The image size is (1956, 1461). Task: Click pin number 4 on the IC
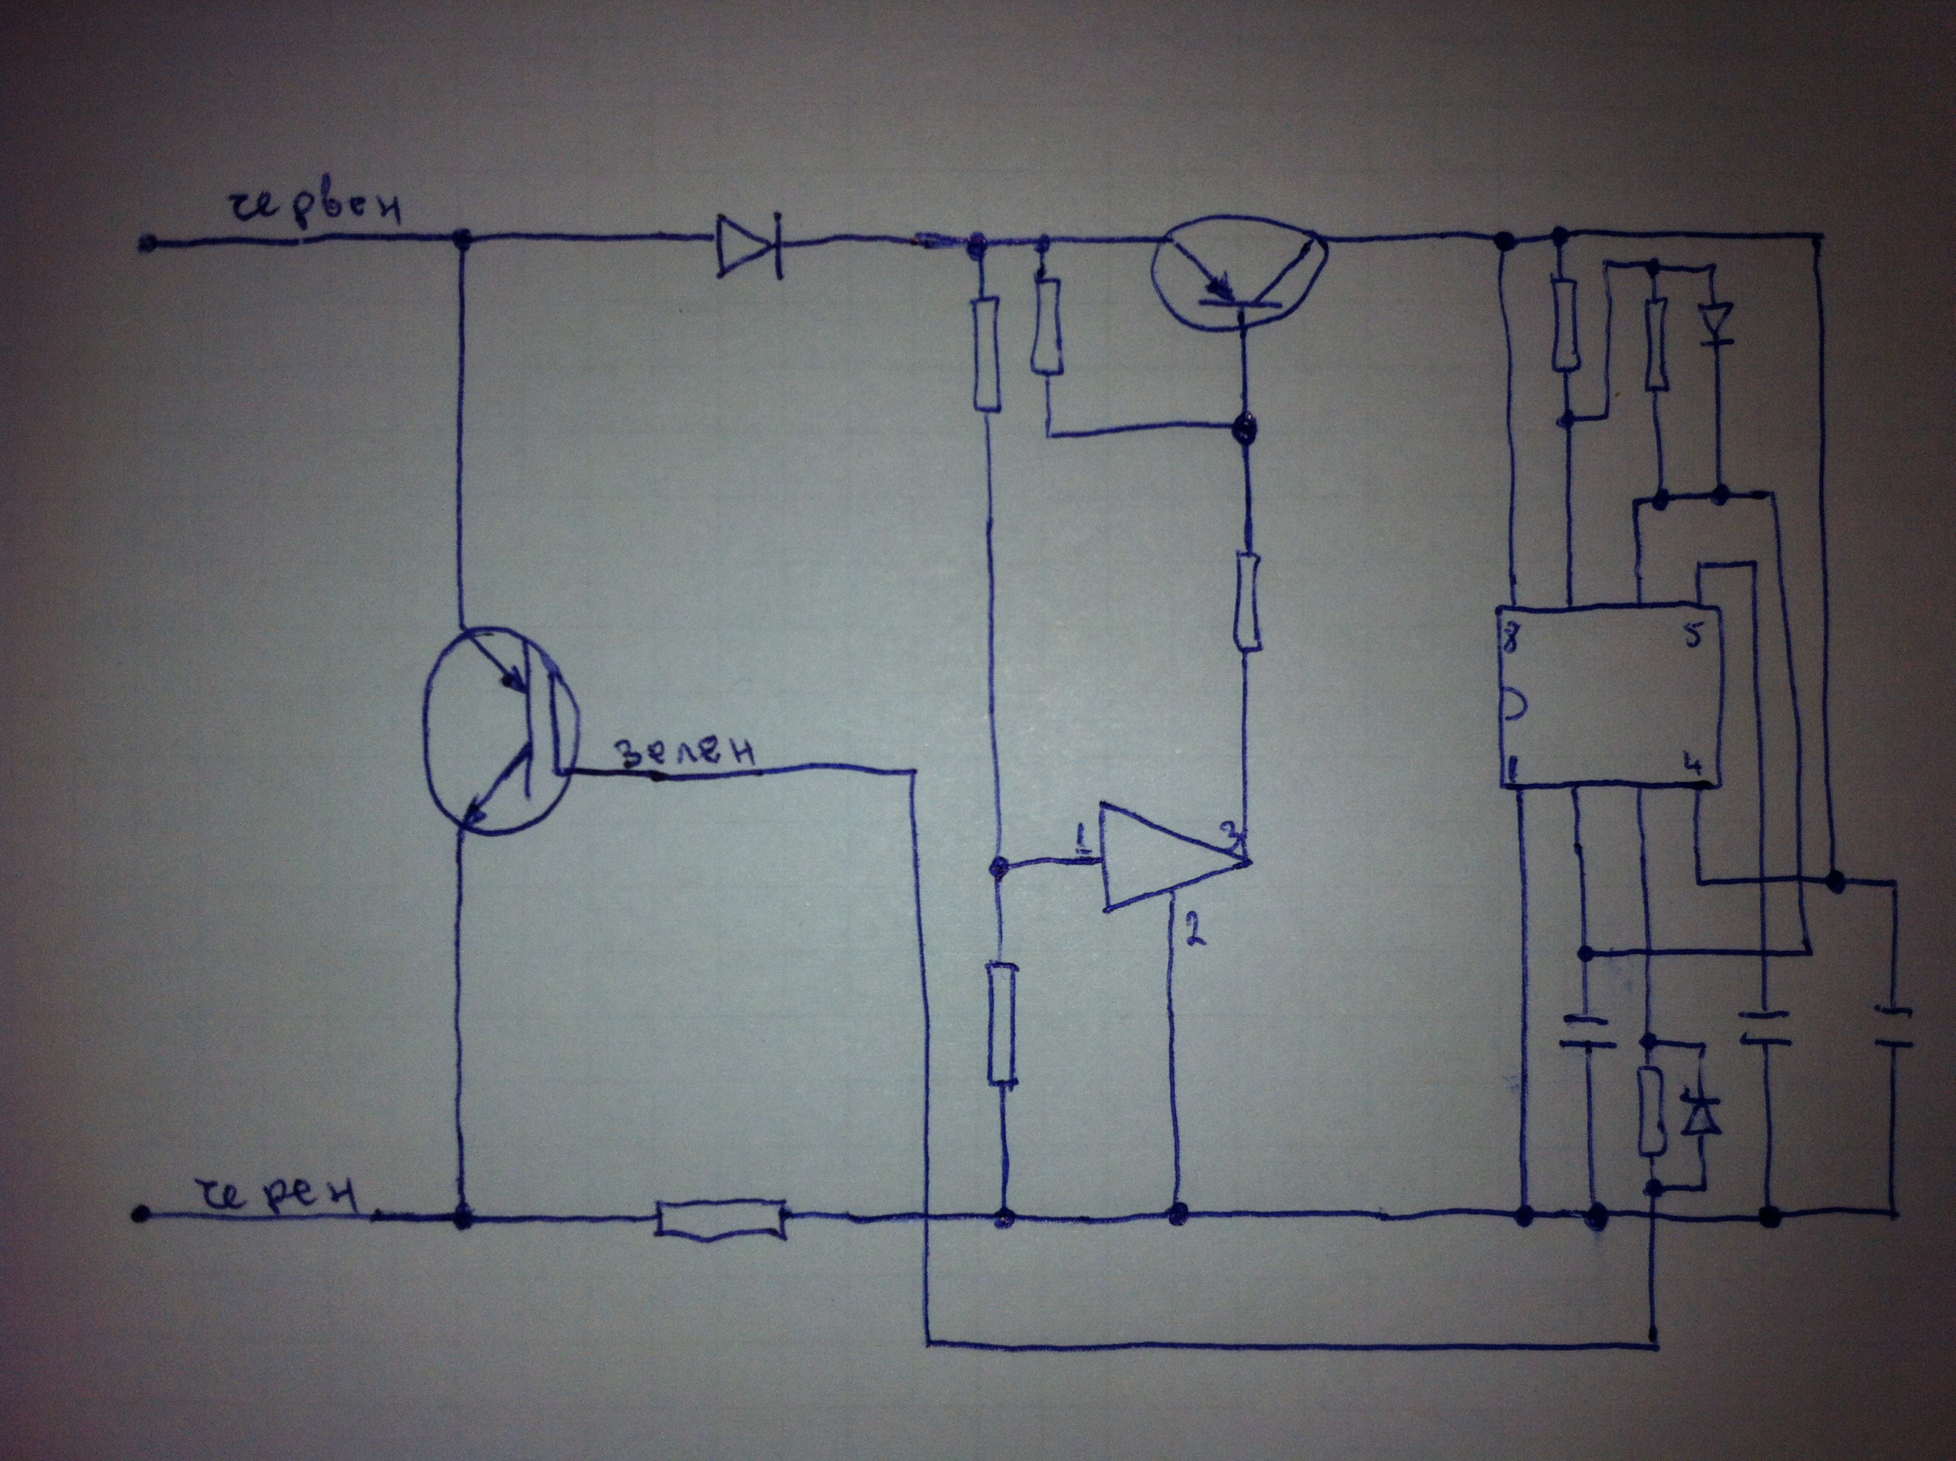[1693, 762]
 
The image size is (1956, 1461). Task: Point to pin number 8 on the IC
[1514, 642]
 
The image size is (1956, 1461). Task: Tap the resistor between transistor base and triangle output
[1247, 602]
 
